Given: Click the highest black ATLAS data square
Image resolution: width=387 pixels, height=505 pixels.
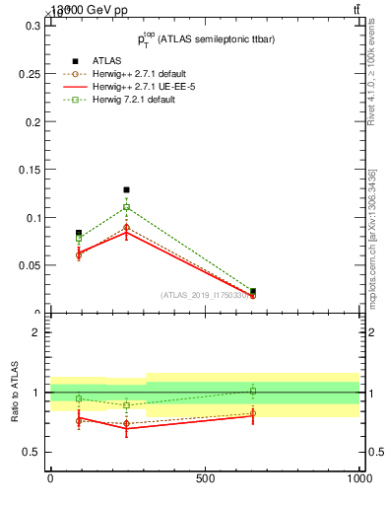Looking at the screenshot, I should click(126, 189).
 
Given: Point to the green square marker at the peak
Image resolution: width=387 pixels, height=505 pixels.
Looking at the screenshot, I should click(126, 207).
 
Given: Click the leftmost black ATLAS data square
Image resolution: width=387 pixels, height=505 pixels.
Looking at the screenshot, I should click(79, 233).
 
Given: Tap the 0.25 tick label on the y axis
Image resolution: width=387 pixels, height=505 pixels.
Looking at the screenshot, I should click(30, 73).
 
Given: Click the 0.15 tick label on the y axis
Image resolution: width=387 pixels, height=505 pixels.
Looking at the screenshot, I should click(30, 170).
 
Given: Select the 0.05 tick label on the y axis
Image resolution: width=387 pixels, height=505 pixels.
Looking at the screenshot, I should click(30, 265).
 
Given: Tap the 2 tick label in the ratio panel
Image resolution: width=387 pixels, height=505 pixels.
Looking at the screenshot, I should click(36, 332).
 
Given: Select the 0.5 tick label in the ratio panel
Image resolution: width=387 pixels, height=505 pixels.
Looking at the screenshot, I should click(32, 452).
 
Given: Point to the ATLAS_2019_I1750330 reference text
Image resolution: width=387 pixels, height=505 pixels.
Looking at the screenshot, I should click(207, 295).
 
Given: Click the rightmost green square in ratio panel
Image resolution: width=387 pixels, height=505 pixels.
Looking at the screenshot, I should click(253, 391).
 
